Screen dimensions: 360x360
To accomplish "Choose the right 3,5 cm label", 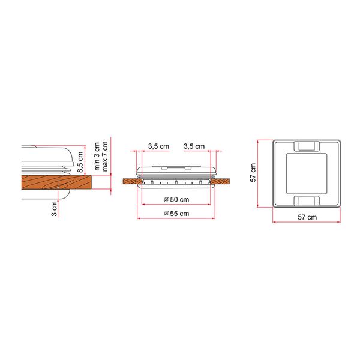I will pos(194,146).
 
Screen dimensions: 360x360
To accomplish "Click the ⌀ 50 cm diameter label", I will pos(176,199).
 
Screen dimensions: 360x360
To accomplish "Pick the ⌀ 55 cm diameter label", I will pos(176,214).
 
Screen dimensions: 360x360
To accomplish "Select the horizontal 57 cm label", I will pos(307,217).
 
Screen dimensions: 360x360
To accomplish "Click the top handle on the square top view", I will pos(307,146).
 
